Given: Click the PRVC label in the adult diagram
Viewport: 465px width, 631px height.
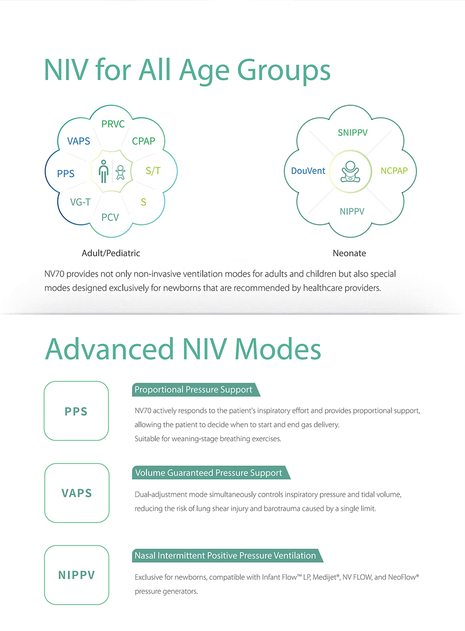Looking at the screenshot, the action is [x=113, y=124].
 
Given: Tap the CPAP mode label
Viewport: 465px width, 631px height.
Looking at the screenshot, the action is [x=144, y=141].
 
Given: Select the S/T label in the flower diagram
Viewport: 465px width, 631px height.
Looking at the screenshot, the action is [x=153, y=171].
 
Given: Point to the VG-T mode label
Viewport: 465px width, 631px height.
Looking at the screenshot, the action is [x=80, y=202].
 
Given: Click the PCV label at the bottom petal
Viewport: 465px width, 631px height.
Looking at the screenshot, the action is [x=110, y=217].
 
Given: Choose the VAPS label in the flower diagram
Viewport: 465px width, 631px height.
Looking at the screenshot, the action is [x=79, y=141].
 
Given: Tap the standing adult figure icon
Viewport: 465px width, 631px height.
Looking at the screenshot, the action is [x=104, y=172].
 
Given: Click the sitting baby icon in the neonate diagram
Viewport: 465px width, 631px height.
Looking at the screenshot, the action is [x=350, y=172].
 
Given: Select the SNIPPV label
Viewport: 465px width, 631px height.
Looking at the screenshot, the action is [x=352, y=133].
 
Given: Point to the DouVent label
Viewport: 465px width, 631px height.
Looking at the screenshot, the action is [x=308, y=171].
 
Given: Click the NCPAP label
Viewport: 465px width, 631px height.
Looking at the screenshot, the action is [x=394, y=171].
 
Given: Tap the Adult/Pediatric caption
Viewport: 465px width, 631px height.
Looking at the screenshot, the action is [x=111, y=253].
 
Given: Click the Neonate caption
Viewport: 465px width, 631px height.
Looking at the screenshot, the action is [x=349, y=253].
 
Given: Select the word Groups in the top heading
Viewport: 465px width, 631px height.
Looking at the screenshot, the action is [x=284, y=71].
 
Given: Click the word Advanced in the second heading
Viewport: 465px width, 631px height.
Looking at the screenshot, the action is [x=109, y=349].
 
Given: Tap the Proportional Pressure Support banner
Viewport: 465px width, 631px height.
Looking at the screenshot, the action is [x=196, y=390].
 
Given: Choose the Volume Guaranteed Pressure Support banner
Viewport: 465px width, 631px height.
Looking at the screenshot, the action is [x=211, y=473].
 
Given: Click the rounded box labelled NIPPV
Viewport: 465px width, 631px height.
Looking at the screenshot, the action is [x=77, y=575].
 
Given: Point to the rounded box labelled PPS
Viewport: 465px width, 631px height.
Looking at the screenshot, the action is [x=76, y=411].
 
